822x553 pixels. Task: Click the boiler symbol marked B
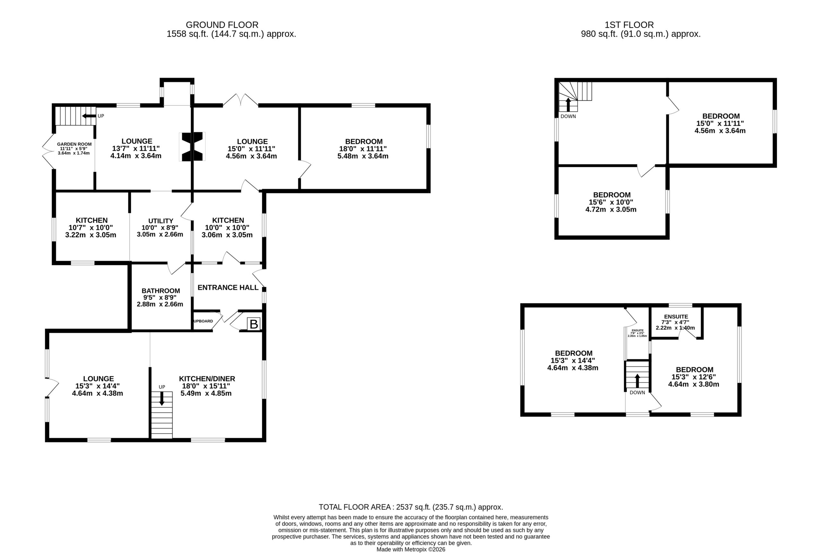click(x=253, y=324)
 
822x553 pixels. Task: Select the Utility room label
click(x=161, y=221)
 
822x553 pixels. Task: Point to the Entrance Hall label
click(x=228, y=288)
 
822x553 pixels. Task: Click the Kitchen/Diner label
click(x=207, y=379)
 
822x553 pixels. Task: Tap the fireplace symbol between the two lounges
click(x=192, y=147)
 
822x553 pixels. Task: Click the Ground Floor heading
click(x=222, y=25)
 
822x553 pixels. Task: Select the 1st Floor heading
click(x=629, y=25)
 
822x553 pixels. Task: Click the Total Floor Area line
click(x=411, y=507)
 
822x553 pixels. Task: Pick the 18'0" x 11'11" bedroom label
click(x=363, y=148)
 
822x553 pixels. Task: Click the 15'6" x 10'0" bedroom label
click(x=611, y=202)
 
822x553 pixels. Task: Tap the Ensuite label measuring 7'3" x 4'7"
click(x=676, y=322)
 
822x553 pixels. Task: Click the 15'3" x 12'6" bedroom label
click(x=694, y=377)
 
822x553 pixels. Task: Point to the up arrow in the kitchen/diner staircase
click(x=162, y=398)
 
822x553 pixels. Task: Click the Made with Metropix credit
click(x=411, y=549)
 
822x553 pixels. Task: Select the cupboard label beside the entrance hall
click(x=203, y=321)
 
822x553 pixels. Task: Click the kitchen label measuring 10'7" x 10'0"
click(x=91, y=227)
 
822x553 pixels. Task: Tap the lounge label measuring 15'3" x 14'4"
click(x=98, y=386)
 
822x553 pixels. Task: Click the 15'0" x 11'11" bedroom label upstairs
click(x=720, y=123)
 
